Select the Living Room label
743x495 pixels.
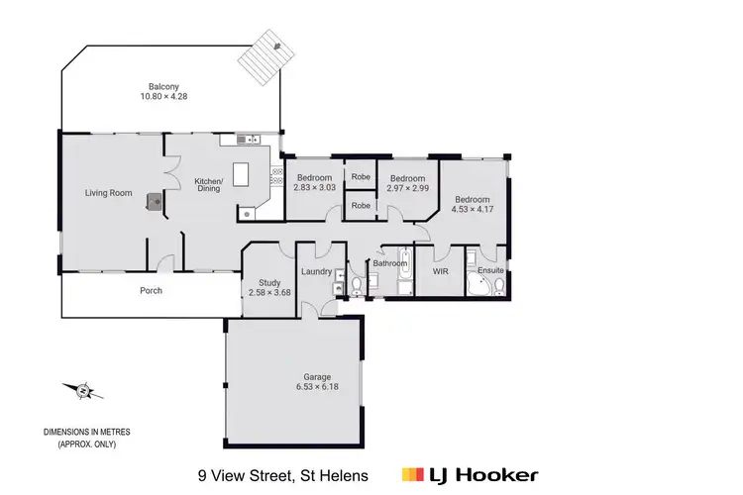click(108, 193)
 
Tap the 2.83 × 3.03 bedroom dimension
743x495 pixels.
click(315, 187)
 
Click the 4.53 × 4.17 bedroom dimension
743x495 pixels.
click(473, 209)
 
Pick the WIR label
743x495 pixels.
click(440, 269)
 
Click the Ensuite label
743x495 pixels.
click(490, 269)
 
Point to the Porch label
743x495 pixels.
click(151, 291)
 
